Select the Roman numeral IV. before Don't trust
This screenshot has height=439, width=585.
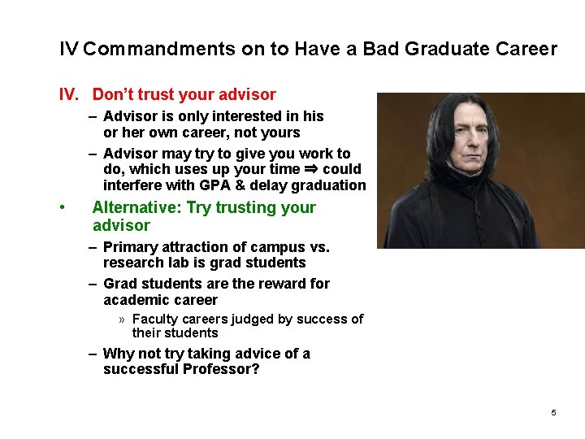pos(69,95)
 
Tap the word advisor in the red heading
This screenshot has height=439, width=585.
pos(247,95)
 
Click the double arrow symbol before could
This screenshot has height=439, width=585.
pos(310,169)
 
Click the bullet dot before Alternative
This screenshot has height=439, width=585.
pos(63,208)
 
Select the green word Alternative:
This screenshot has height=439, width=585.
pos(137,207)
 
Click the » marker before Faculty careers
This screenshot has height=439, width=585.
pos(123,319)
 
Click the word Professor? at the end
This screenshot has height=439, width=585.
pos(222,369)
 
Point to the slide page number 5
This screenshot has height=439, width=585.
pos(553,413)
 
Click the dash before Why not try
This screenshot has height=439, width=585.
pos(94,354)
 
